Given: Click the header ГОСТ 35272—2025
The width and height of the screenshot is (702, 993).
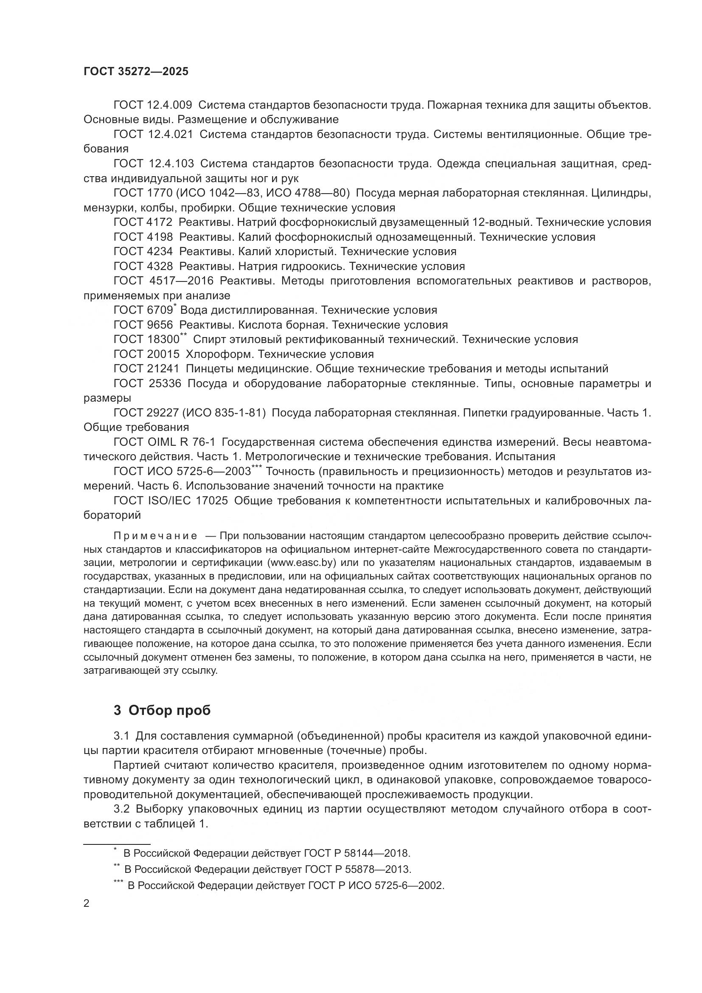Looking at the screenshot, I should (x=136, y=72).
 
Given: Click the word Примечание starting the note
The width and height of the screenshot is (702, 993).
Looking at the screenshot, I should (x=155, y=536).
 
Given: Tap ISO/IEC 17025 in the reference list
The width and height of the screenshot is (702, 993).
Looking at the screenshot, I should (x=188, y=501).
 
